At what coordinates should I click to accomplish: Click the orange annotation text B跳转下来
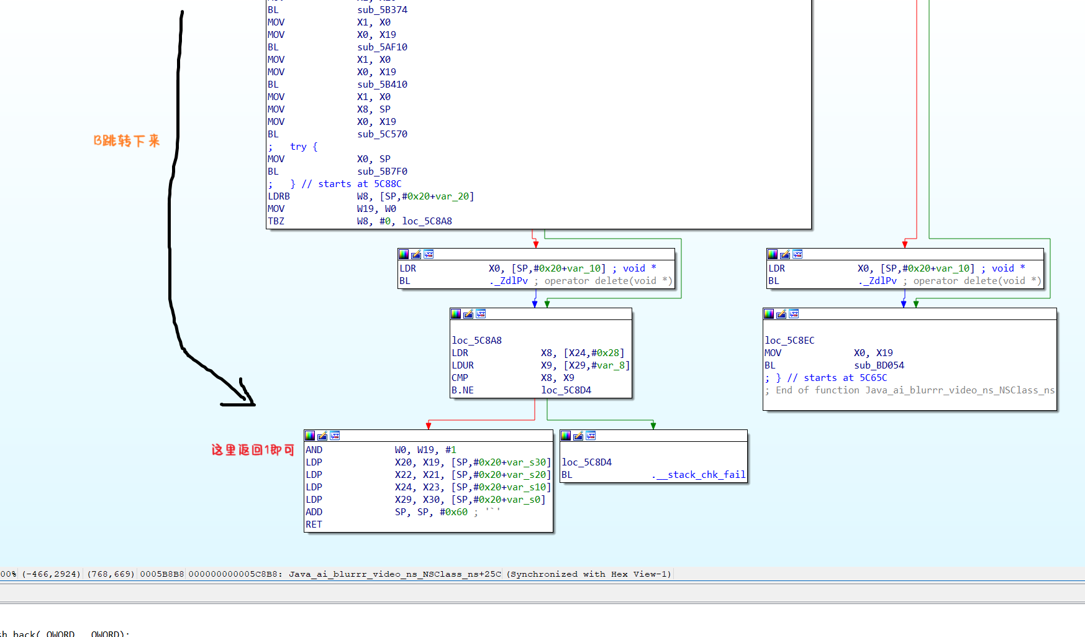click(127, 140)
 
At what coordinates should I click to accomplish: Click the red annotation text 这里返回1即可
click(253, 449)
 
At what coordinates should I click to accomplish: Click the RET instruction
click(314, 525)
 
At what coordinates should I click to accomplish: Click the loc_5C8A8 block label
click(476, 341)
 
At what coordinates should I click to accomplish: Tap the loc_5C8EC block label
click(789, 341)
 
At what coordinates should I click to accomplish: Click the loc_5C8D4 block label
click(586, 462)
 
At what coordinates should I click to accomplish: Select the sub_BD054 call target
click(879, 365)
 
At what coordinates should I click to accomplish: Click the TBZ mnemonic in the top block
click(276, 221)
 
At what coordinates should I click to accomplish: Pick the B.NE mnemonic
click(462, 390)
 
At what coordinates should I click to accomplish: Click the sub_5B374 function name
click(382, 10)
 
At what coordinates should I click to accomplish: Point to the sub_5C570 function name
click(382, 134)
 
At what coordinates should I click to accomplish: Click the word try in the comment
click(298, 147)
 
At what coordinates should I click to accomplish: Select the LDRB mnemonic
click(279, 196)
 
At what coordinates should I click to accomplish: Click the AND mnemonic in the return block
click(314, 450)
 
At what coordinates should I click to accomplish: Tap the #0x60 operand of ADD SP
click(453, 512)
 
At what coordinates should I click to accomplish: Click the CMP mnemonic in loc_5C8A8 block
click(460, 378)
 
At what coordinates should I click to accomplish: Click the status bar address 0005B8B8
click(162, 574)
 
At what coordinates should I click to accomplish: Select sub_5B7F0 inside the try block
click(382, 172)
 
